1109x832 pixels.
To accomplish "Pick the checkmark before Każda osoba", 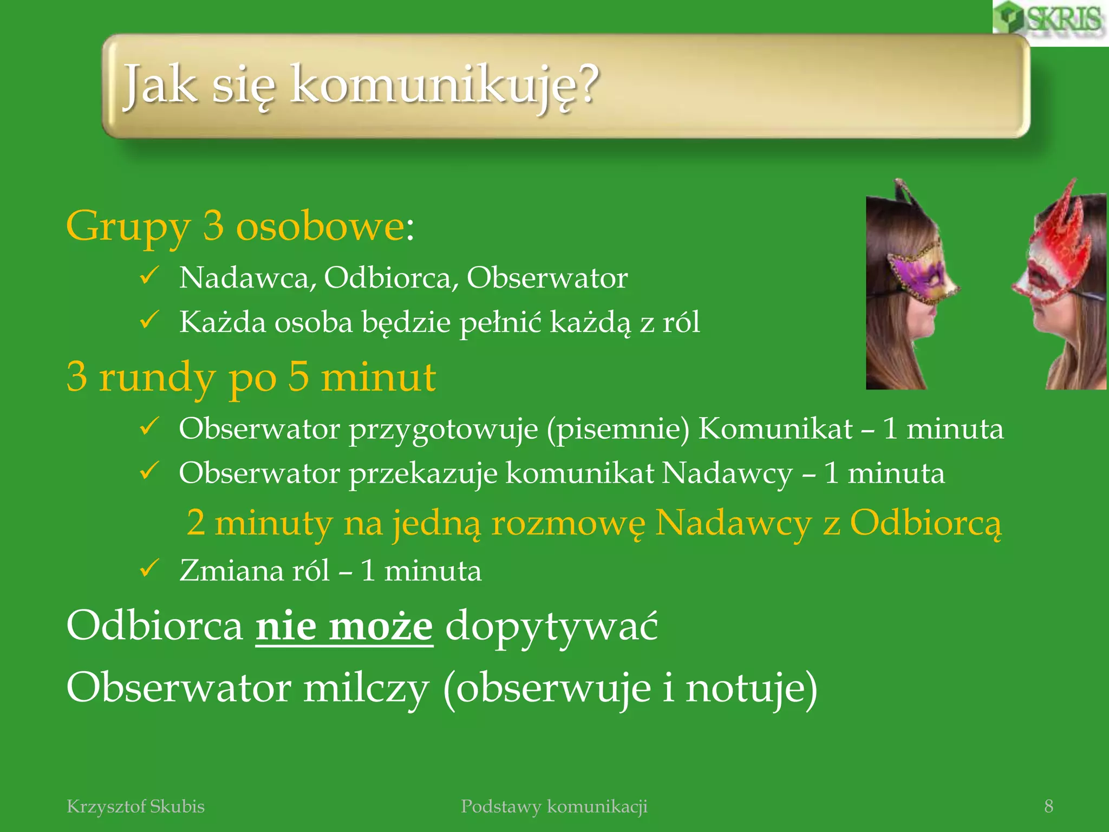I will point(149,321).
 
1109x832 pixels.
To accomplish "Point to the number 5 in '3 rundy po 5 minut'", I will point(298,377).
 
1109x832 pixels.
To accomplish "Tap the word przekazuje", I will point(422,474).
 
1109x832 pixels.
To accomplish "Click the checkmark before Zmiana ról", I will point(149,569).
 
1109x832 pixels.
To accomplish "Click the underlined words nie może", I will point(344,627).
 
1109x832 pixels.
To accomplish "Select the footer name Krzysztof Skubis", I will point(135,807).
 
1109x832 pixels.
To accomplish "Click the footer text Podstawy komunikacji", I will point(554,807).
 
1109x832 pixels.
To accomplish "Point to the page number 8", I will point(1048,807).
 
